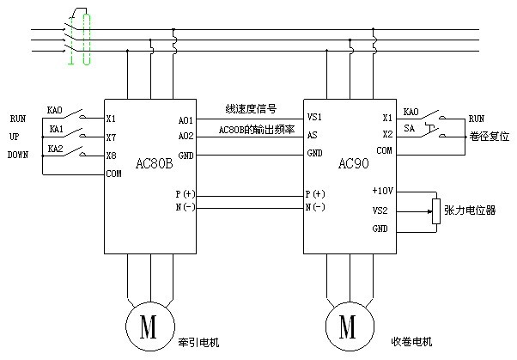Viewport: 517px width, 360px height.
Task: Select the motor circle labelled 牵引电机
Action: point(148,327)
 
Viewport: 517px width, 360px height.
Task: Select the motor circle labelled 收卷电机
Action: point(348,327)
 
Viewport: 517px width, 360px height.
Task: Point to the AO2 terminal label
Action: point(185,136)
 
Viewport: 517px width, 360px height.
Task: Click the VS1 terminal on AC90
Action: point(315,117)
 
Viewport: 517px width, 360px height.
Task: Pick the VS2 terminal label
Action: point(380,209)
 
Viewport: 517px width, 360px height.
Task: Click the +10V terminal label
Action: point(381,191)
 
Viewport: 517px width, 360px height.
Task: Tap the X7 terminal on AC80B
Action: point(111,137)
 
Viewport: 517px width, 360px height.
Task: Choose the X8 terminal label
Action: point(111,156)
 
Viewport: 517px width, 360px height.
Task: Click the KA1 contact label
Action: point(57,129)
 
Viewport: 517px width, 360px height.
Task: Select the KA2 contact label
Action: point(57,148)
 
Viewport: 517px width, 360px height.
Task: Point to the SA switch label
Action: point(411,128)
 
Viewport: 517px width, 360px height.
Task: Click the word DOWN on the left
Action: point(18,156)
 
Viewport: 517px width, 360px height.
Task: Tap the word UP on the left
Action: point(15,137)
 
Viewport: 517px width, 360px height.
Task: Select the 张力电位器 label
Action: point(475,210)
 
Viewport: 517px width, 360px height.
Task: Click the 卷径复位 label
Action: point(490,137)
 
